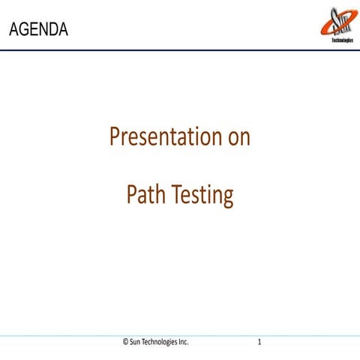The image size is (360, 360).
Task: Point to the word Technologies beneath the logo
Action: pos(341,40)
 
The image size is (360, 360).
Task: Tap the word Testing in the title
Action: pos(203,195)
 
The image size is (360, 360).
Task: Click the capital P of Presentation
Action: pos(115,137)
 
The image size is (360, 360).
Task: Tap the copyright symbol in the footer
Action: pos(125,342)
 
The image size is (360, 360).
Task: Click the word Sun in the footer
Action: pos(137,342)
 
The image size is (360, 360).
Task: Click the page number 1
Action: pos(259,342)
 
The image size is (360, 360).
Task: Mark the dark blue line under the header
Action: pos(180,49)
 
